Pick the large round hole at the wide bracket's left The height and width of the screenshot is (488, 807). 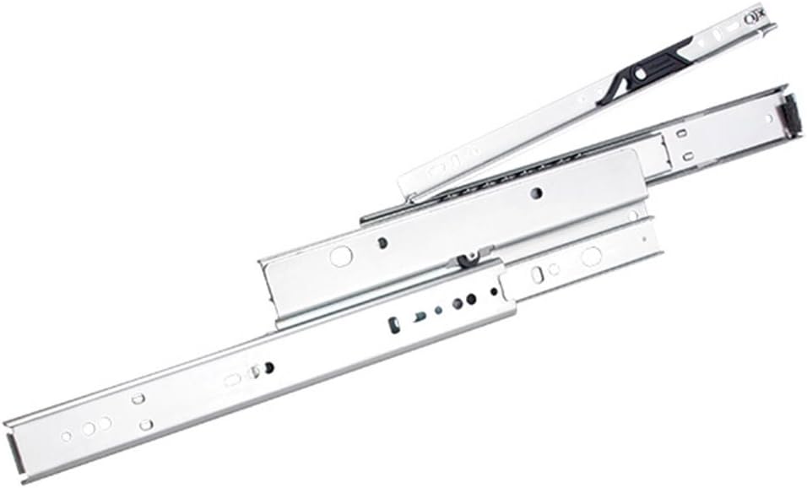340,256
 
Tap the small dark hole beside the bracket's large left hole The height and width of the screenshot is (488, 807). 382,243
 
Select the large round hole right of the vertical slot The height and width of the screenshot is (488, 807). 590,256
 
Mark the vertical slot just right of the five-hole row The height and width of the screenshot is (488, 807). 537,274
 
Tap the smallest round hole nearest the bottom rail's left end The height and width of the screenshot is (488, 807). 67,436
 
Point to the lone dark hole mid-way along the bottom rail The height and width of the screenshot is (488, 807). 269,367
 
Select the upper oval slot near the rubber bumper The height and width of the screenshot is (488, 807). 681,133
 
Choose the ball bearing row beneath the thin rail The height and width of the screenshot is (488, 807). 506,174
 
